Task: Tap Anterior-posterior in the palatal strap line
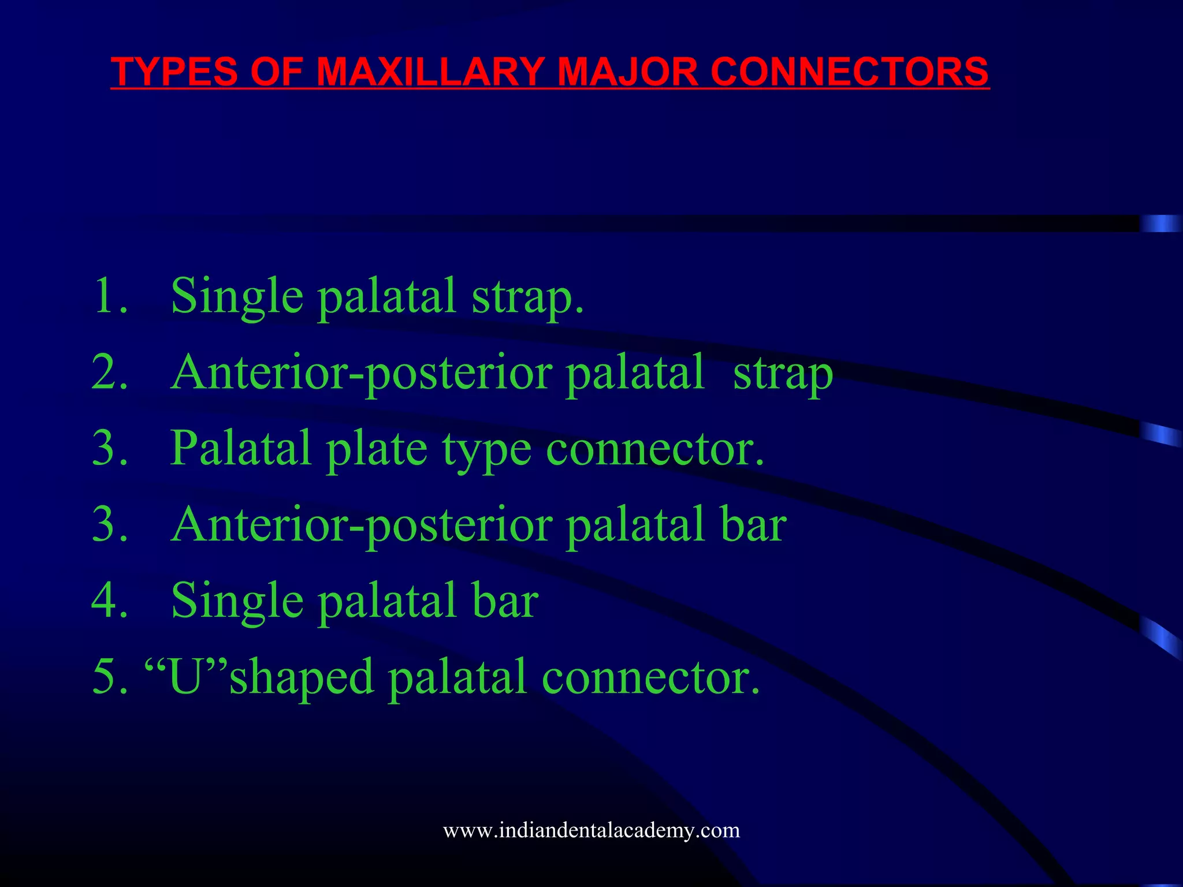(x=362, y=373)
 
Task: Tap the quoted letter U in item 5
(x=185, y=677)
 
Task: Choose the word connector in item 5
(x=650, y=677)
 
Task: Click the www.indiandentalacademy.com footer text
(x=591, y=830)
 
